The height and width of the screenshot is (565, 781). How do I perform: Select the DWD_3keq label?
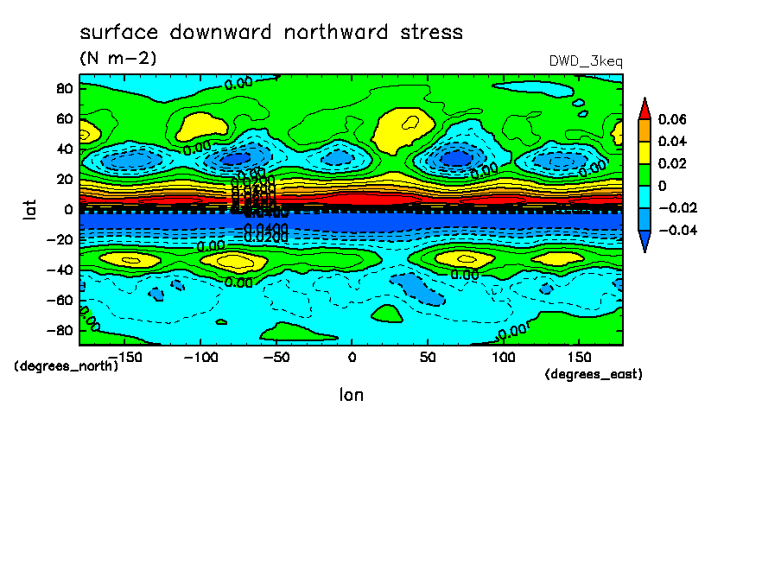point(586,61)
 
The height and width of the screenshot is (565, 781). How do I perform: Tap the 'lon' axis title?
point(351,396)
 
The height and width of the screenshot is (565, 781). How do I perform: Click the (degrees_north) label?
point(67,365)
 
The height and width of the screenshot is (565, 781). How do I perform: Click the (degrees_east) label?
point(594,374)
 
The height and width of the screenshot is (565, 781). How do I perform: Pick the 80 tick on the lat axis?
point(61,87)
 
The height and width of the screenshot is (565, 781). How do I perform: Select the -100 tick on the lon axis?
point(200,357)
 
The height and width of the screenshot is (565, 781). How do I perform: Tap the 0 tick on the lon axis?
point(351,357)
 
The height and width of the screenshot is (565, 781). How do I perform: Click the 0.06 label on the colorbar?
point(671,119)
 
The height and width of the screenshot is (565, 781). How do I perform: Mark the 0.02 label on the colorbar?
point(671,163)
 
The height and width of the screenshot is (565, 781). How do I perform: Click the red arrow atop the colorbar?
point(644,108)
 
